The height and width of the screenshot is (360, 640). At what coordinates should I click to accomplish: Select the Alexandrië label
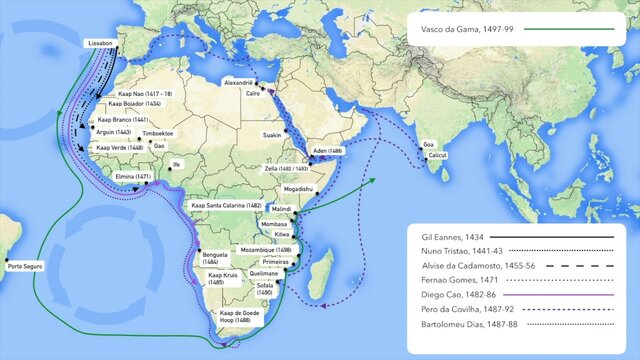(238, 82)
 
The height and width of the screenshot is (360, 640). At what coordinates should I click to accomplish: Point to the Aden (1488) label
(328, 150)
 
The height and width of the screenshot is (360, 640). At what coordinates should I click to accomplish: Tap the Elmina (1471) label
(133, 177)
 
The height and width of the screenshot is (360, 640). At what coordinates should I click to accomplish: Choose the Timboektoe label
(157, 133)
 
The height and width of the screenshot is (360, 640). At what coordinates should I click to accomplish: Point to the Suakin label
(272, 134)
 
